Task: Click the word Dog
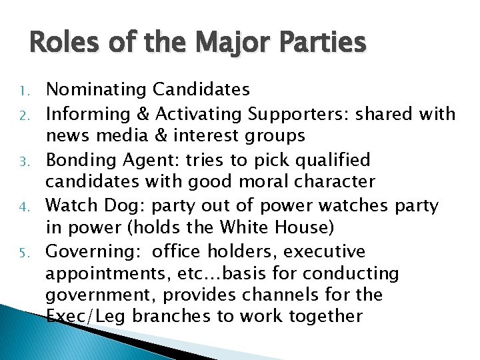(x=139, y=206)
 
